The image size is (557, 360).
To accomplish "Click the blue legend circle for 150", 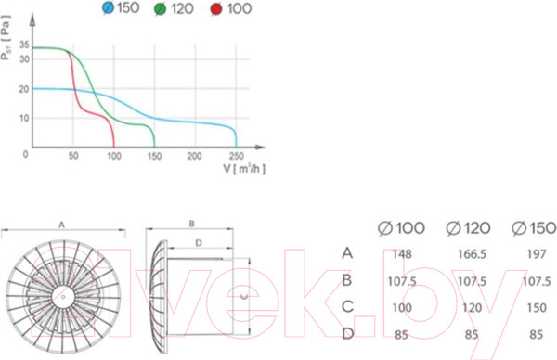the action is click(x=108, y=7).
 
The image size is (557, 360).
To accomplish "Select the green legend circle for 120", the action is click(x=161, y=9).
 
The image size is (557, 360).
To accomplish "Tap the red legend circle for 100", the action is click(x=216, y=9).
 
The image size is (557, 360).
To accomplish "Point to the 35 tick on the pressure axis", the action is click(x=24, y=45).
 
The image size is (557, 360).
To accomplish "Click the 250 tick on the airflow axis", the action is click(x=236, y=156).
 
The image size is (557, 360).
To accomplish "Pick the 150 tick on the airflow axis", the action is click(x=154, y=156).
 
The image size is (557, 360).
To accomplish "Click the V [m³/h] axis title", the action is click(x=244, y=168).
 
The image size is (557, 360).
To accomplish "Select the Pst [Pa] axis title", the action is click(x=6, y=38).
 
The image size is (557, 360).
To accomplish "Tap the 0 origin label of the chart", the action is click(x=25, y=154).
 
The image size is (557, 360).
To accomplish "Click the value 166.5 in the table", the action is click(x=472, y=254).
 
